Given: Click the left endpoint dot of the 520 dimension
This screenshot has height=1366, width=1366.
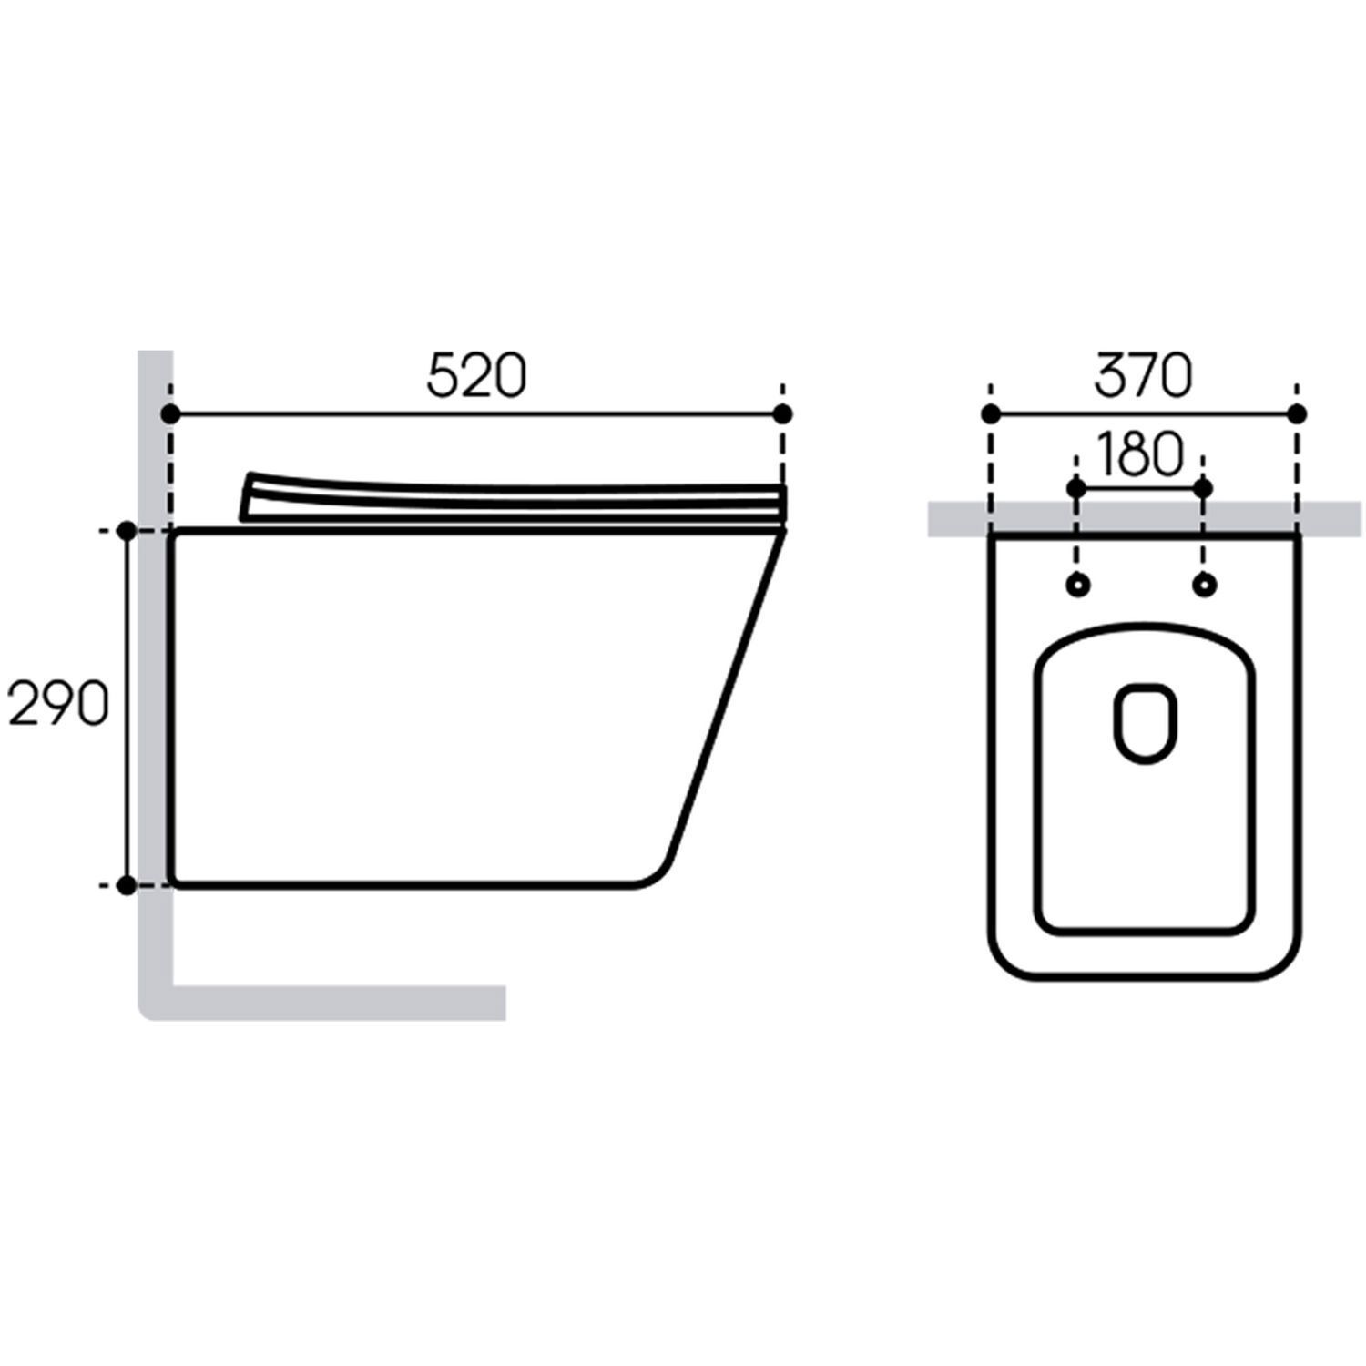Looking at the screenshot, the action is click(169, 414).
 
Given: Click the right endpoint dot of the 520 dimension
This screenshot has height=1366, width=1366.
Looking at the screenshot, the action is click(782, 414).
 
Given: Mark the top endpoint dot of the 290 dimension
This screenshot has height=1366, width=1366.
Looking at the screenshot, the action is click(127, 530).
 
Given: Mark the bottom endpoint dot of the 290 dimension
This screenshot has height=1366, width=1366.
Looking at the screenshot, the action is click(127, 883).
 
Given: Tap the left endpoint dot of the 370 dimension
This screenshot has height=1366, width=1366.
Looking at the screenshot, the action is click(991, 414).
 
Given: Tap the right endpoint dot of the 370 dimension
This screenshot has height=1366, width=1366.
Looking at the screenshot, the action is click(1298, 414).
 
